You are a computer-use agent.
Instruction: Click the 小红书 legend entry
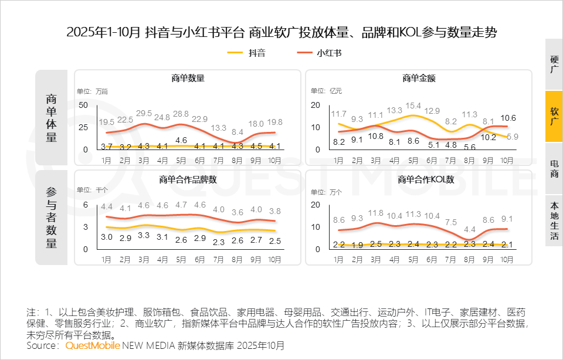tap(319, 53)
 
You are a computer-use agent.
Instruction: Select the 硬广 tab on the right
tap(554, 64)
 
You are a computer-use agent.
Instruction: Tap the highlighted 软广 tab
tap(554, 116)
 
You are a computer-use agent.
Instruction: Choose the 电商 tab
tap(554, 168)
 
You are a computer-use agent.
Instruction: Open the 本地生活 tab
tap(554, 220)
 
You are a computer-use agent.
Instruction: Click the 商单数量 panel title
tap(188, 78)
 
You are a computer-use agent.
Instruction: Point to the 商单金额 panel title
tap(419, 78)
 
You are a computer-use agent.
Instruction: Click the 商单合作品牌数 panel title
tap(188, 179)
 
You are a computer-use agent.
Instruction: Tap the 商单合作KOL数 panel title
tap(419, 179)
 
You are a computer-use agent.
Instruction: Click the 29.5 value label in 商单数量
tap(144, 113)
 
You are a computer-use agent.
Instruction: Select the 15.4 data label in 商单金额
tap(414, 106)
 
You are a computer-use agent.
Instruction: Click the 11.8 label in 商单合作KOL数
tap(376, 213)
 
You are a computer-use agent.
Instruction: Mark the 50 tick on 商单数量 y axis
tap(83, 105)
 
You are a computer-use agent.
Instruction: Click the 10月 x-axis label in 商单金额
tap(507, 159)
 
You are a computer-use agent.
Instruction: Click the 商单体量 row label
tap(52, 117)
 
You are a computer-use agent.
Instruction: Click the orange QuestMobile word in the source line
tap(93, 346)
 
